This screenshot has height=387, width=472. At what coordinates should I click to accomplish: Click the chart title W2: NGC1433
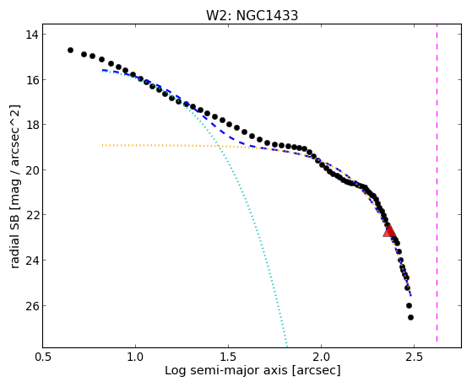point(252,15)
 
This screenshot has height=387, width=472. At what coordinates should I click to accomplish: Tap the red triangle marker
point(389,231)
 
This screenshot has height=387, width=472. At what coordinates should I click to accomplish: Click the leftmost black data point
point(70,51)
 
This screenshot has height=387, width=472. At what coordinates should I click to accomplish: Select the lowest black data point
point(410,317)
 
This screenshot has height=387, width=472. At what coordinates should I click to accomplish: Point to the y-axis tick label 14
point(32,35)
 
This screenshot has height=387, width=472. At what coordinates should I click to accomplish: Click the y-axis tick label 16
point(32,80)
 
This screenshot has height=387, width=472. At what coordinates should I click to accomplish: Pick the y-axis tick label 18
point(32,125)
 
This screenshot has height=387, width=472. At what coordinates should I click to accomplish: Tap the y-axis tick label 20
point(32,170)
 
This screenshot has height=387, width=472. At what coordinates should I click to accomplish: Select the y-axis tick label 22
point(32,215)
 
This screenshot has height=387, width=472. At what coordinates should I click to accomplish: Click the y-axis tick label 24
point(32,260)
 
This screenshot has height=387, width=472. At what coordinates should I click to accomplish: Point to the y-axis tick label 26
point(32,305)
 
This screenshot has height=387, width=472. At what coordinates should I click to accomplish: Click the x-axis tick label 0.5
point(43,357)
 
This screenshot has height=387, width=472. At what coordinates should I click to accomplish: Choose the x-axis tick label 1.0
point(135,357)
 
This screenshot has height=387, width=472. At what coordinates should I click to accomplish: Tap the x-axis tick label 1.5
point(229,357)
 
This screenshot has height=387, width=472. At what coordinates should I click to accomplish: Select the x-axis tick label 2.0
point(321,357)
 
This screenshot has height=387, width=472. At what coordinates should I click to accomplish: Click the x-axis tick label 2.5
point(415,357)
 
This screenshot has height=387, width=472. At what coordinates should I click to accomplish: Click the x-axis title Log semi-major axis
point(226,371)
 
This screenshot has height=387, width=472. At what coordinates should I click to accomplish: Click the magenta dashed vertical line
point(437,185)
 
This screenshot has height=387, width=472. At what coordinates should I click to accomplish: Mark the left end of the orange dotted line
point(102,145)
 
